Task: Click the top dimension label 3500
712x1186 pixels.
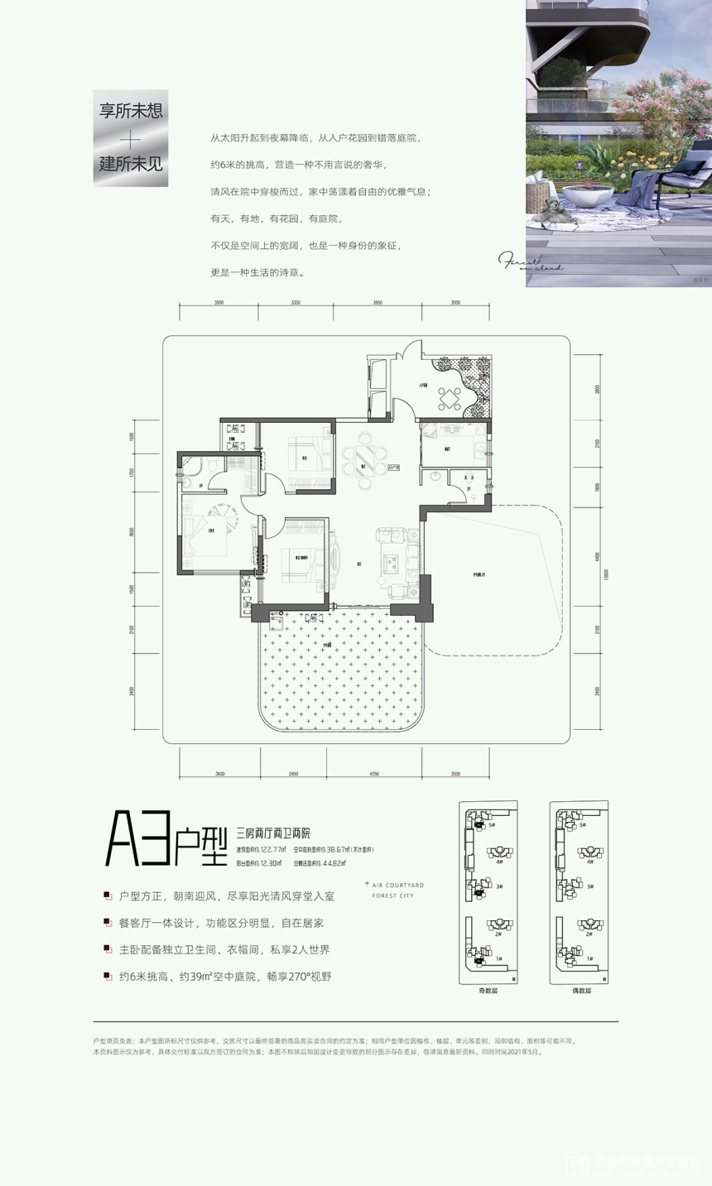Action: click(x=219, y=304)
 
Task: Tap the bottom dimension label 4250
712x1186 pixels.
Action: click(x=374, y=773)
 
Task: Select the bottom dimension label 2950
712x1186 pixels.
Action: click(x=293, y=773)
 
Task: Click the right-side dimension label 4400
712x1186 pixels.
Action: click(x=597, y=557)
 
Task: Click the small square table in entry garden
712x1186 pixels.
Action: click(x=450, y=399)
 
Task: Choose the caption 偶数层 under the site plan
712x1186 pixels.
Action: click(x=579, y=991)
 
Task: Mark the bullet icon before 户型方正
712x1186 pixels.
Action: click(x=108, y=896)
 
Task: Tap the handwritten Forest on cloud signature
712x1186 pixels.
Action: click(x=532, y=264)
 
